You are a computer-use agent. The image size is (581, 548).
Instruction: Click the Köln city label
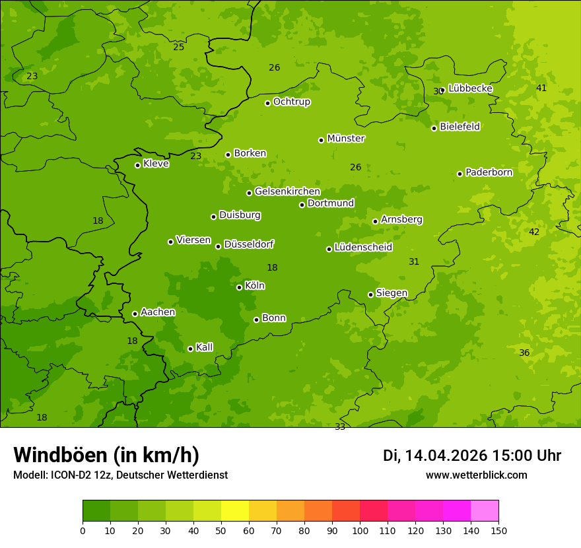254,286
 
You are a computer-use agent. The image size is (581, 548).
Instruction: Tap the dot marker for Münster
322,140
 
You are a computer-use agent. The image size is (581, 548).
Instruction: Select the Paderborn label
489,172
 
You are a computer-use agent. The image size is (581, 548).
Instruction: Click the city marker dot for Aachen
135,314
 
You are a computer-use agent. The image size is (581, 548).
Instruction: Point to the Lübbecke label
470,88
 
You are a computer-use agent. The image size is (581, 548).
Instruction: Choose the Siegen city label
392,293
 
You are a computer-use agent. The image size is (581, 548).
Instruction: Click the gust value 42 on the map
534,232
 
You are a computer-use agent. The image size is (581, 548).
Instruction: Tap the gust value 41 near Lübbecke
541,88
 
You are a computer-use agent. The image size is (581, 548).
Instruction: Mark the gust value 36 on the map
524,353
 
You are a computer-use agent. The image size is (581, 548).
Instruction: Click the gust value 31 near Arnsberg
414,262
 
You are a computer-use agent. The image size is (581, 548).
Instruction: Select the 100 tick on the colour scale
360,531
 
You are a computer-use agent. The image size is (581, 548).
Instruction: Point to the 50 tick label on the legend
221,531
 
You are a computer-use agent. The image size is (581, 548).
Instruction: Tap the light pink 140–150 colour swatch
485,511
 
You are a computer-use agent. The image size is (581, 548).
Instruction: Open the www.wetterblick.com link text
476,475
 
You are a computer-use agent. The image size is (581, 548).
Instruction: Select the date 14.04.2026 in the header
446,456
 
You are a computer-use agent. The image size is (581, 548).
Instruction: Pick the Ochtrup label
291,102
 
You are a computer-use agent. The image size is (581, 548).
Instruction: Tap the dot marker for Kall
190,349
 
